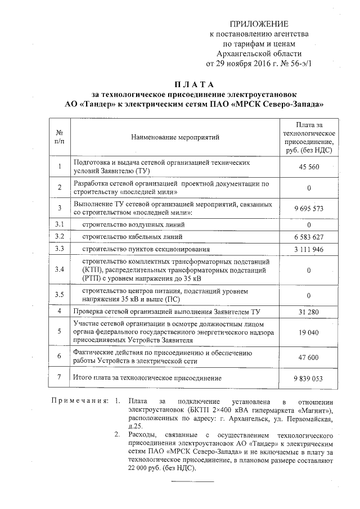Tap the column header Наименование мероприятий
tap(175, 137)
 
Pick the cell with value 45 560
tap(309, 168)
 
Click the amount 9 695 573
tap(309, 208)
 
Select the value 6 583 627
tap(309, 237)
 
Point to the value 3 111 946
tap(309, 249)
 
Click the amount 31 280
tap(309, 312)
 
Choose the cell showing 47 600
tap(309, 357)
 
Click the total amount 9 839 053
tap(309, 379)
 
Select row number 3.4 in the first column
tap(59, 270)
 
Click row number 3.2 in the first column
tap(59, 237)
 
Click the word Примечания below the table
tap(79, 402)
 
